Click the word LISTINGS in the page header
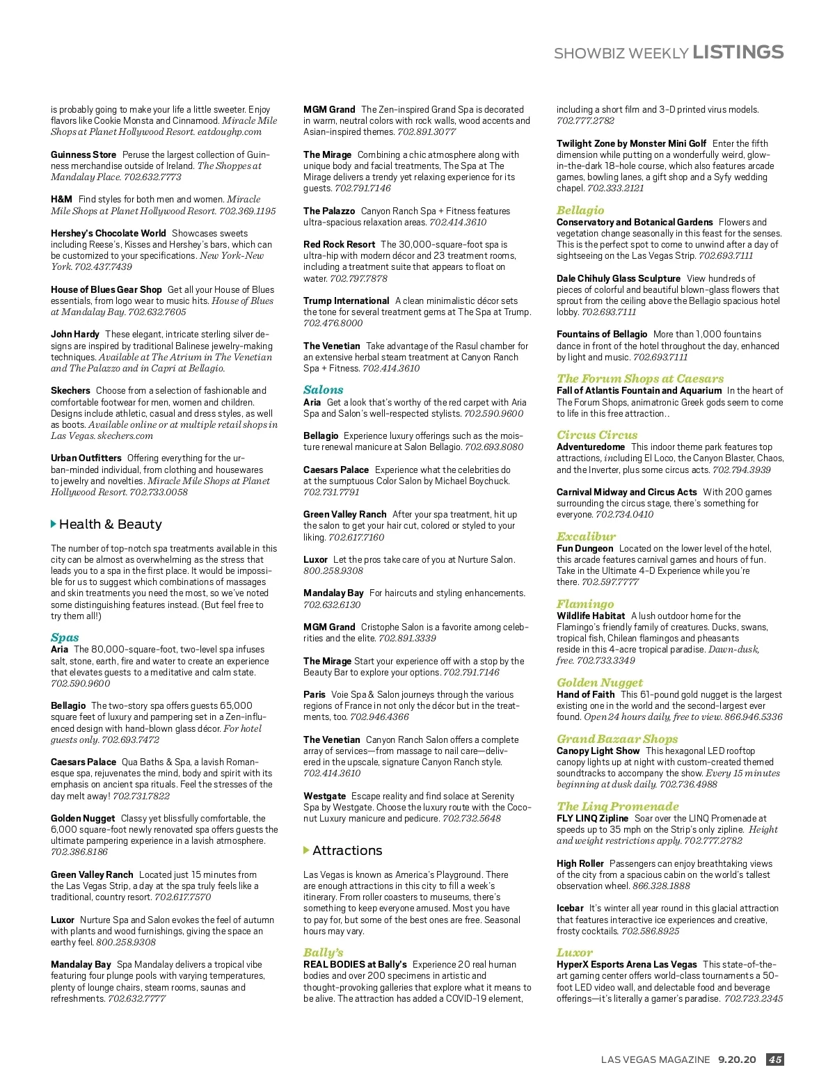coord(738,52)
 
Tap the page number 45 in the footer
coord(774,1059)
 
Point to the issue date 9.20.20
coord(737,1059)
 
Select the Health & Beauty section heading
coord(110,524)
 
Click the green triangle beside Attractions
coord(306,850)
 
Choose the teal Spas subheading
coord(65,637)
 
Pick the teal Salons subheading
coord(323,390)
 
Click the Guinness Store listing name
coord(83,154)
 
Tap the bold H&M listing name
coord(61,199)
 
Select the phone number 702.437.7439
coord(103,266)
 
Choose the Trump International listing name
coord(346,301)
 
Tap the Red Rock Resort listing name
coord(339,244)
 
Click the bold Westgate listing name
coord(324,796)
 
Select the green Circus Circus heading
coord(596,435)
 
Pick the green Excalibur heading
coord(586,536)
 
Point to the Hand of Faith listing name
coord(585,694)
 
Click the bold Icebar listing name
coord(570,908)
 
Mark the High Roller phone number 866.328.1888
coord(661,886)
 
